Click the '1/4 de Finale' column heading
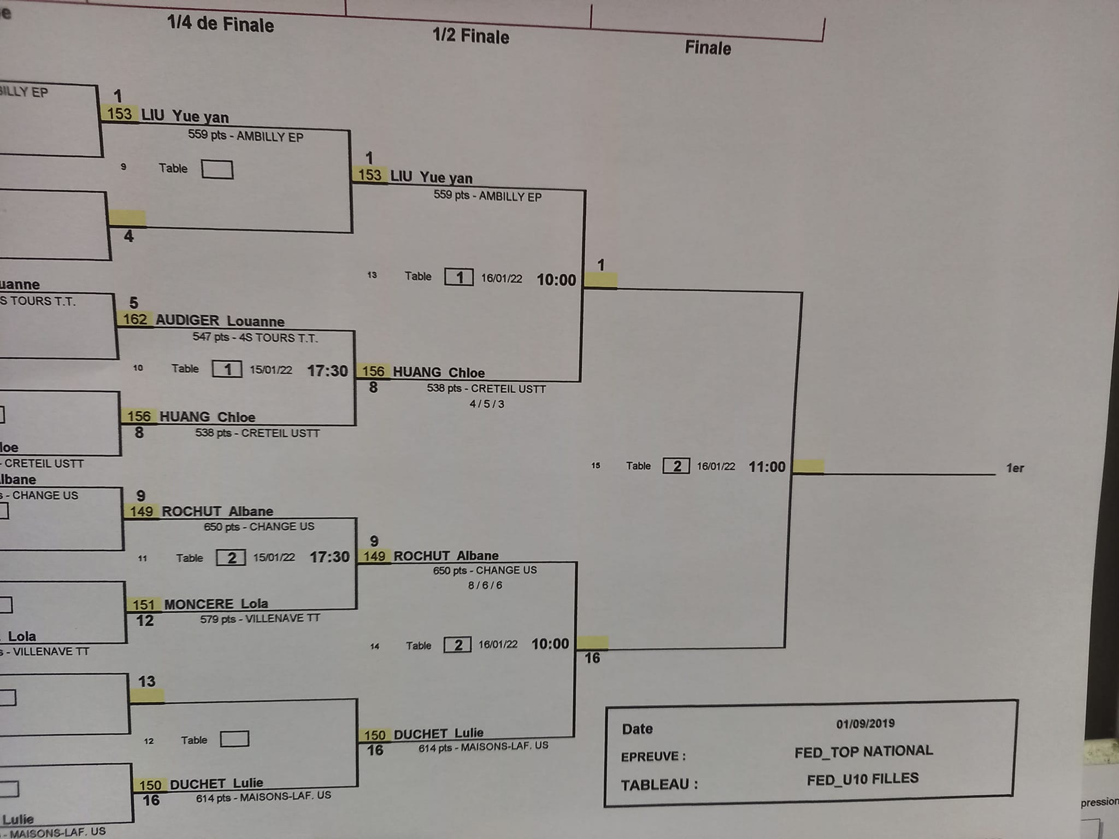point(220,25)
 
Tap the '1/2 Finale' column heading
point(470,36)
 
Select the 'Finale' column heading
point(708,48)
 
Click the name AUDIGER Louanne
point(220,321)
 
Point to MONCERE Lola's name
point(216,604)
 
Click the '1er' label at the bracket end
point(1015,468)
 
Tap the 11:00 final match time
point(767,467)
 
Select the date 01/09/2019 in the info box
point(865,724)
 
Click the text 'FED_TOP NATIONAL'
point(863,752)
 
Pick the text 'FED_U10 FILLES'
point(862,779)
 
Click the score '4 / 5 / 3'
point(487,404)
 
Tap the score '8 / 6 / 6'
point(485,585)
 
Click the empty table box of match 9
point(217,169)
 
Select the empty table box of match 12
point(234,739)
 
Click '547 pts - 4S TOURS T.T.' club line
point(255,338)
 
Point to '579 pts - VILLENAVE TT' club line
point(260,619)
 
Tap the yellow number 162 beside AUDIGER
point(134,319)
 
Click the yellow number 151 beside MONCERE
point(144,605)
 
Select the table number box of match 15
point(676,466)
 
